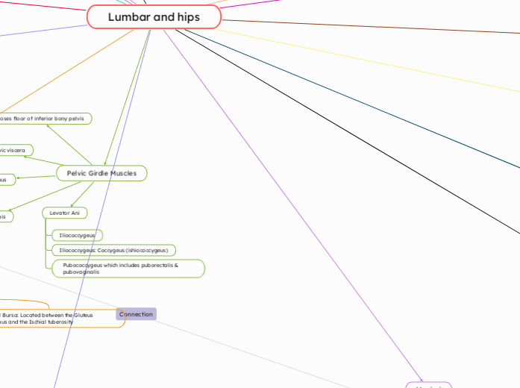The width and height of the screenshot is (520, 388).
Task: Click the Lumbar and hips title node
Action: click(x=154, y=16)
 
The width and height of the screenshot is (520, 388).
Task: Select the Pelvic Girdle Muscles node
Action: click(x=101, y=173)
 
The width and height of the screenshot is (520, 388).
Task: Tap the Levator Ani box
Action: click(x=64, y=213)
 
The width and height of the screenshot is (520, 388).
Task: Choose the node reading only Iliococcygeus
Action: click(x=77, y=235)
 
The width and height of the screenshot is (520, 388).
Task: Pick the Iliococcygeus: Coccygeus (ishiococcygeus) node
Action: click(x=113, y=250)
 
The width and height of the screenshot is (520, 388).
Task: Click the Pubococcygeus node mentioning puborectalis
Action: click(x=128, y=269)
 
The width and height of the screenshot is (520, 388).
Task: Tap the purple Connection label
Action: click(x=136, y=314)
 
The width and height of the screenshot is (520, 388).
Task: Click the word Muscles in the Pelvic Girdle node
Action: click(x=122, y=173)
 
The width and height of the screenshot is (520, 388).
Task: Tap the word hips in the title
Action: click(x=187, y=16)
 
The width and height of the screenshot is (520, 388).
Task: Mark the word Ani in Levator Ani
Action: click(x=75, y=213)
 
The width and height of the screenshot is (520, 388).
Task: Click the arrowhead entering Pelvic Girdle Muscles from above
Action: click(x=105, y=163)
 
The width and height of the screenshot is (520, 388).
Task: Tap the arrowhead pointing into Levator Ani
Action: click(x=72, y=204)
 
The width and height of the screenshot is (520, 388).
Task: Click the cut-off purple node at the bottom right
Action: click(x=429, y=385)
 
